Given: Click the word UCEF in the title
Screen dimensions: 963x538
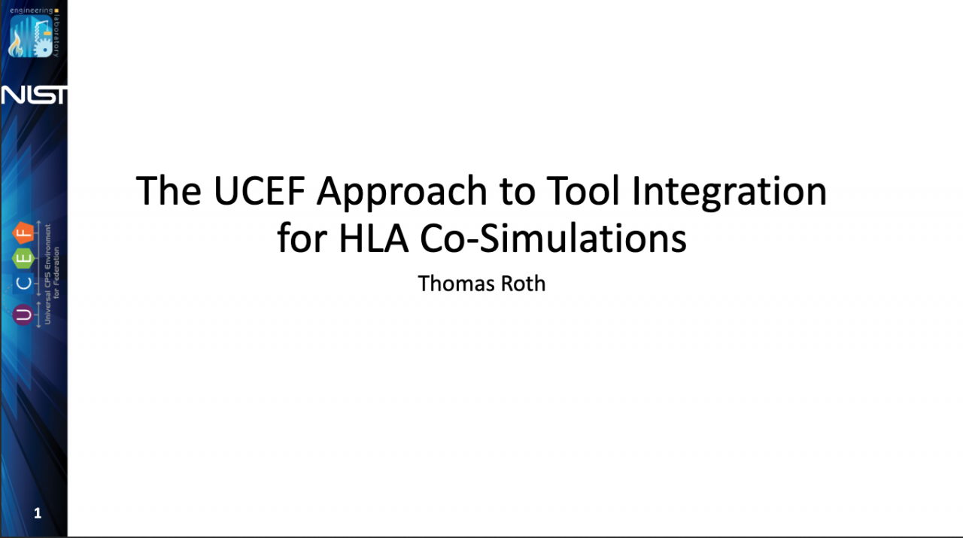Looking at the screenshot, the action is (260, 190).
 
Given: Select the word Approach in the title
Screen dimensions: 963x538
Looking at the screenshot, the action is (402, 193).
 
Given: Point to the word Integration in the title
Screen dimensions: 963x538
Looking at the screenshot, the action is (729, 193).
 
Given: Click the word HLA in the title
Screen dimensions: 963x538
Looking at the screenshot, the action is (374, 239).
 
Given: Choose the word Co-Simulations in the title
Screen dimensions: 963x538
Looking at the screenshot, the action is (553, 238).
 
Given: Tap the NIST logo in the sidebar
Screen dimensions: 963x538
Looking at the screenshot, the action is (34, 95).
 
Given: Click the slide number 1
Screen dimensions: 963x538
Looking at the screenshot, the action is (38, 513).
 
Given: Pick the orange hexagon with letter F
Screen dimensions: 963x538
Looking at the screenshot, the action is (23, 233).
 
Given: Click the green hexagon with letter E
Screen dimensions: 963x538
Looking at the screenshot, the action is (23, 258).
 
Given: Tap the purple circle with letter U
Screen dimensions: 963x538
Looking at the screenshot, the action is (23, 315).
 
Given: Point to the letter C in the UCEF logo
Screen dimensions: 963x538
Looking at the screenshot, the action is (23, 283).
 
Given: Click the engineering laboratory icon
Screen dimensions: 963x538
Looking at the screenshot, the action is (31, 37).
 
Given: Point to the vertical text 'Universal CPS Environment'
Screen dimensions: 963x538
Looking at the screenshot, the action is (47, 274).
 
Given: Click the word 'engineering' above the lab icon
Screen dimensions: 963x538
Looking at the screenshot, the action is (32, 11).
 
